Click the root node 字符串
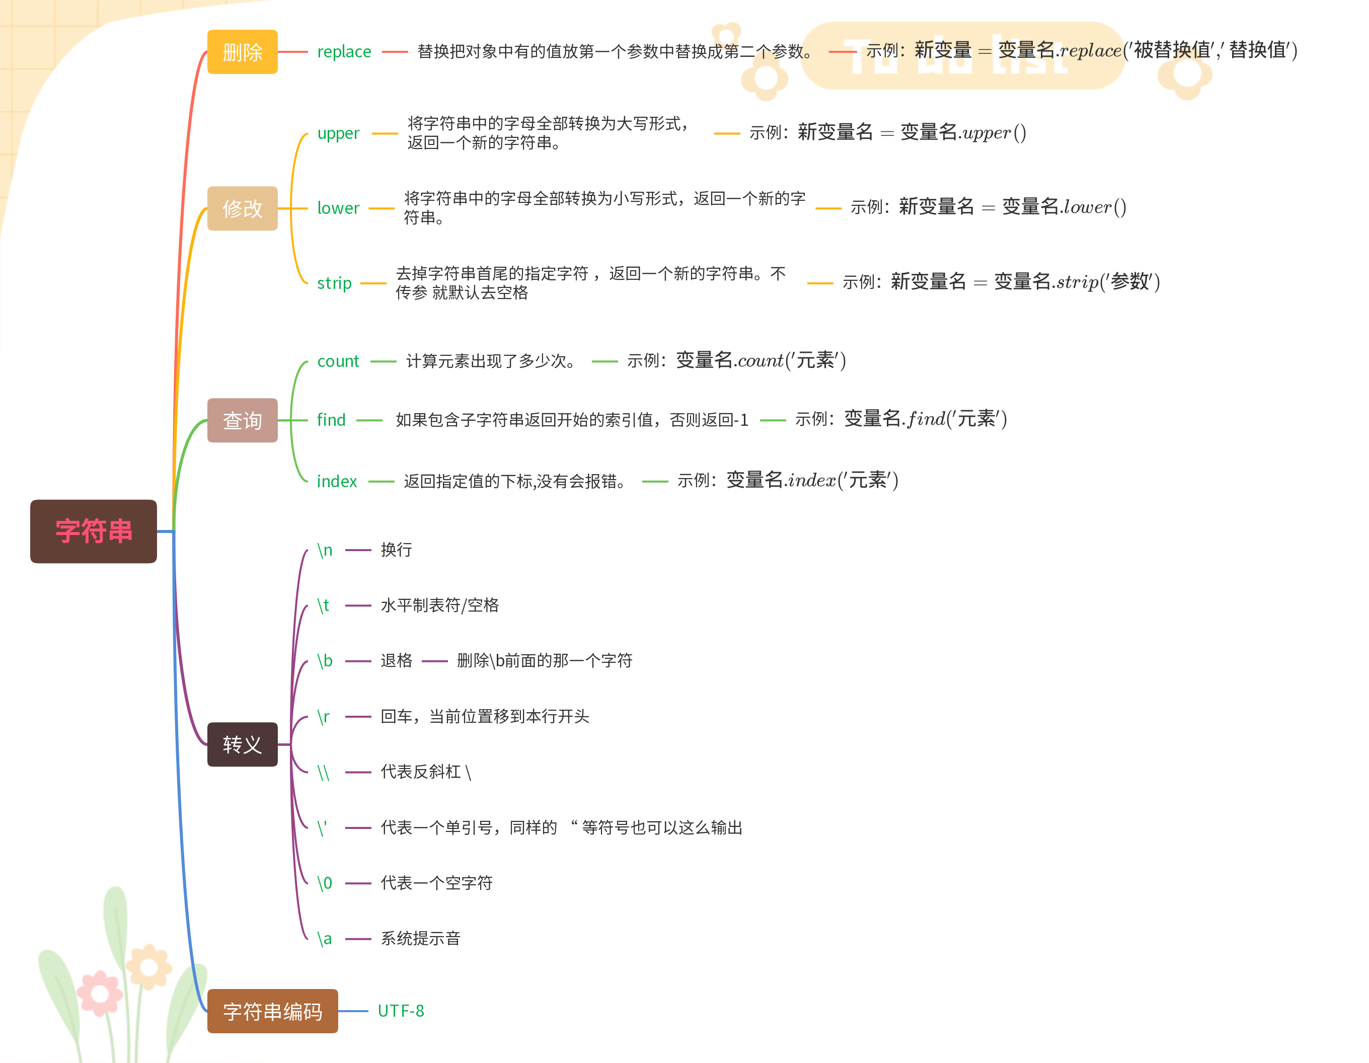point(94,531)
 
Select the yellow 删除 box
point(242,52)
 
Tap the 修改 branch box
point(242,208)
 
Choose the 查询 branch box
point(242,420)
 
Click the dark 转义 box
point(242,744)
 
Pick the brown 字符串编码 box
point(272,1011)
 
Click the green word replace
point(344,51)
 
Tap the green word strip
point(334,283)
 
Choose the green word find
point(331,420)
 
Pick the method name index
point(337,481)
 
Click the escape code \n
point(325,550)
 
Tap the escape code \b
point(325,661)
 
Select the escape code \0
point(325,883)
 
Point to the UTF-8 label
point(401,1011)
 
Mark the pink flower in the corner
point(100,994)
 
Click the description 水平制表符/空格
point(439,605)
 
